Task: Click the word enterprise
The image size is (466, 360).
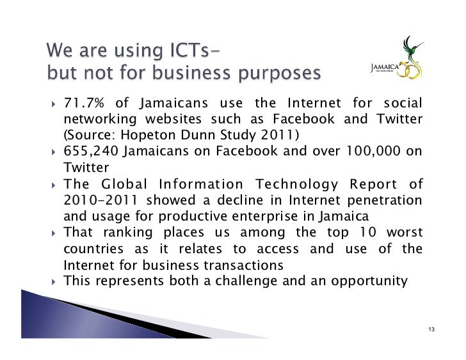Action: point(246,216)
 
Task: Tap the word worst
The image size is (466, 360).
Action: point(405,232)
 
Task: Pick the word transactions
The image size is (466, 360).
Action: point(239,264)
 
